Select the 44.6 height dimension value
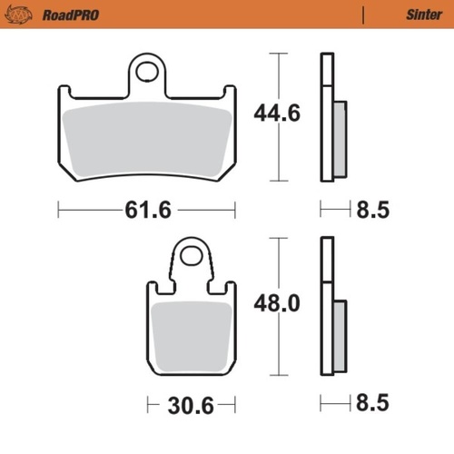(x=275, y=115)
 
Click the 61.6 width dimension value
(x=147, y=210)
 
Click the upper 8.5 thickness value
(x=373, y=210)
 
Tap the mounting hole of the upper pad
(x=147, y=71)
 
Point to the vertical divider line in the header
(x=363, y=15)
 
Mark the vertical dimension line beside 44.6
(x=278, y=73)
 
